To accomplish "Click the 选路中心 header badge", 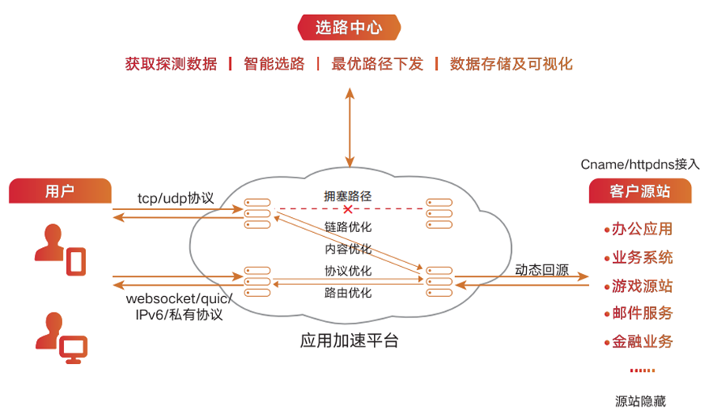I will point(349,28).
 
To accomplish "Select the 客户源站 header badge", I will point(640,192).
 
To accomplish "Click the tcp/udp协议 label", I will point(175,197).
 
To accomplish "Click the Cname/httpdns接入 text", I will point(640,164).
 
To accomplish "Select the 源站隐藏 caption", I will point(640,400).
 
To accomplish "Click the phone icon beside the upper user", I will point(75,260).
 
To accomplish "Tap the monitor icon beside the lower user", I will point(75,347).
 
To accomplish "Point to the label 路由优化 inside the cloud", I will point(348,293).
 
